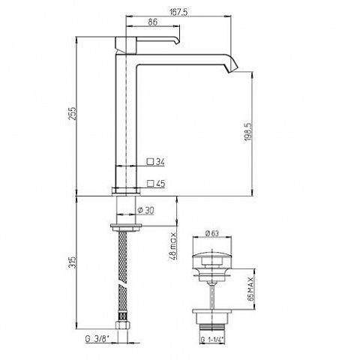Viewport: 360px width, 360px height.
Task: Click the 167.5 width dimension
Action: tap(178, 12)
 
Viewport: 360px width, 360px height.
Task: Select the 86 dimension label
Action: tap(152, 22)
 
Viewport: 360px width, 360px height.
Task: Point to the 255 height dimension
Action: tap(72, 113)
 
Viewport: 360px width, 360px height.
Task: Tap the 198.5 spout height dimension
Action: tap(249, 131)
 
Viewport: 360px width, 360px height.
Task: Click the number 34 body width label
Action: tap(160, 162)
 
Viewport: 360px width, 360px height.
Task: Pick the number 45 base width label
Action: tap(160, 184)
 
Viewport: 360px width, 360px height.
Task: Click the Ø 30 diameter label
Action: tap(146, 210)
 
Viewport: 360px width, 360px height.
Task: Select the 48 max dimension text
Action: tap(173, 246)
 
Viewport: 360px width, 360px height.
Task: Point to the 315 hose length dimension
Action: tap(72, 262)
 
